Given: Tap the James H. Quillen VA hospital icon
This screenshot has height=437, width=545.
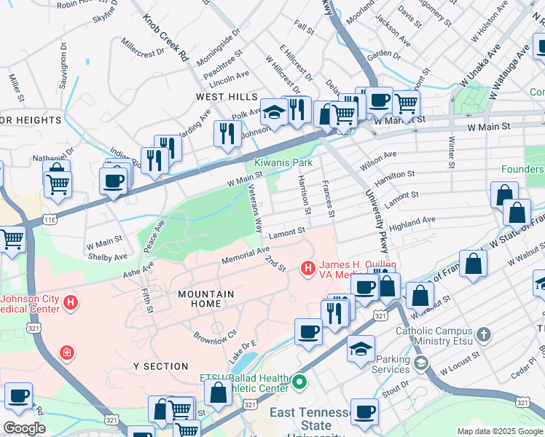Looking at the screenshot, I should pyautogui.click(x=308, y=269).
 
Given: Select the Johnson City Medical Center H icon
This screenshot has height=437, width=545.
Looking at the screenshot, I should pyautogui.click(x=71, y=302).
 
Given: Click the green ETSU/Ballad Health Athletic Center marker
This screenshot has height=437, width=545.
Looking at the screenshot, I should pyautogui.click(x=299, y=381).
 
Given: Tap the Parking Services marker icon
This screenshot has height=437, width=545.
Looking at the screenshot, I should pyautogui.click(x=420, y=363).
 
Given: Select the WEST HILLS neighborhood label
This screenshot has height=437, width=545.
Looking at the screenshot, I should pyautogui.click(x=226, y=97).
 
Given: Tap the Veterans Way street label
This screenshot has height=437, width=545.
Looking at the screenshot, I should pyautogui.click(x=255, y=207).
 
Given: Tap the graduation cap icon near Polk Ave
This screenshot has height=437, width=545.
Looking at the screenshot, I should pyautogui.click(x=274, y=113).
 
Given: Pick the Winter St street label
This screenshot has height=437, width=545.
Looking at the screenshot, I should pyautogui.click(x=452, y=152).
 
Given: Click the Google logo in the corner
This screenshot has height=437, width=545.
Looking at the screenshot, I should pyautogui.click(x=24, y=428).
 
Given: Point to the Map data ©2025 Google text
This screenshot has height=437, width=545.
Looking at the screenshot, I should pyautogui.click(x=500, y=431).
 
